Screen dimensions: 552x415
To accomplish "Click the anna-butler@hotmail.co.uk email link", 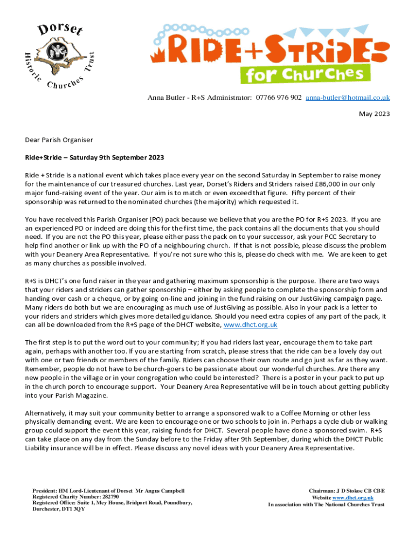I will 348,98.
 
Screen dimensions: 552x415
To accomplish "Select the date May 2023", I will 375,114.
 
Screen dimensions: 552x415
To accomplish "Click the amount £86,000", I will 291,184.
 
